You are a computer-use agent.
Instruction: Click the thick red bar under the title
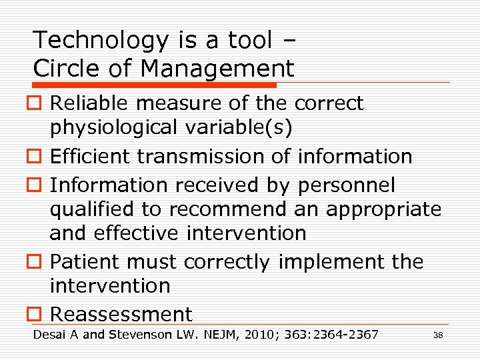pos(155,85)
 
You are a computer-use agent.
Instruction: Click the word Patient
pos(81,261)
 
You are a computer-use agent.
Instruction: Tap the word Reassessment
pos(121,314)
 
